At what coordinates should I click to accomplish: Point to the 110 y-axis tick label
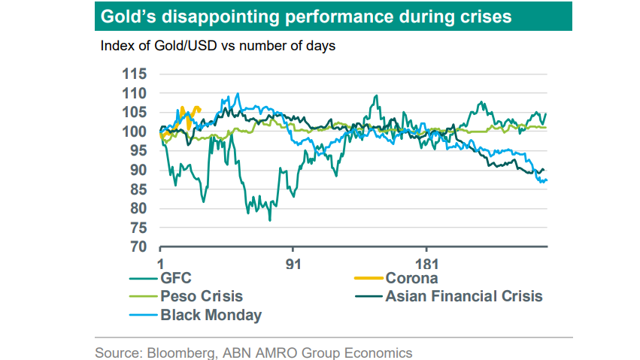(x=135, y=93)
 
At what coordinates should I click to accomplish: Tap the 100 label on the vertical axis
(x=135, y=132)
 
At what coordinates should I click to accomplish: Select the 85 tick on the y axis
(x=138, y=189)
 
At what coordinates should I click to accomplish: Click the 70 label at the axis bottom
(x=138, y=247)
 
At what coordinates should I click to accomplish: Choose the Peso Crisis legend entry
(x=202, y=296)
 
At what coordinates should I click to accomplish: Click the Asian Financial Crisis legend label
(x=463, y=296)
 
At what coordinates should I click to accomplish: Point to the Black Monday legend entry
(x=211, y=314)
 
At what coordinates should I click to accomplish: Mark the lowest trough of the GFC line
(x=269, y=220)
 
